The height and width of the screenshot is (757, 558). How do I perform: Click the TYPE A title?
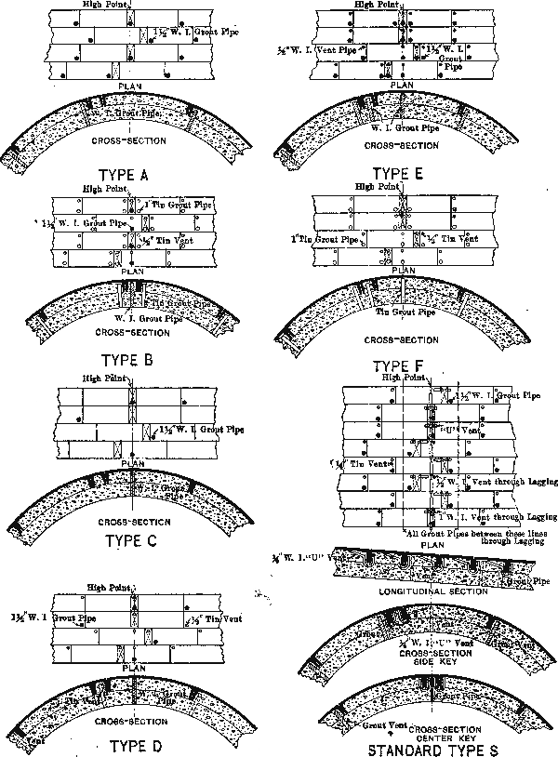pos(136,175)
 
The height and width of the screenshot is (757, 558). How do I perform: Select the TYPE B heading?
pos(136,361)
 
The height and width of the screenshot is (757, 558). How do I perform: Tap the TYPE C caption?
pos(136,540)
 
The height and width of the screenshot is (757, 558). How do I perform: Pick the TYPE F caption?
pos(401,365)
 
